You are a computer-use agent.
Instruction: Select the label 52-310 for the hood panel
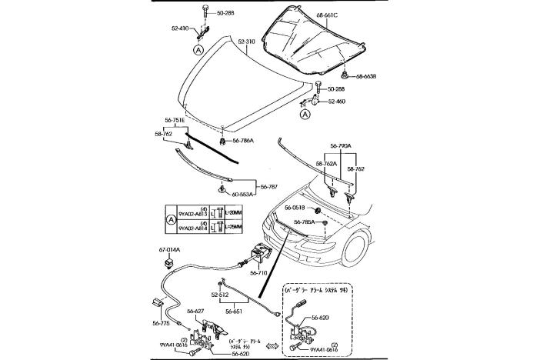(x=246, y=42)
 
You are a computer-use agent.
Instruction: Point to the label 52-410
(x=180, y=28)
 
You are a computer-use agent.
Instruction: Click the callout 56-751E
(x=175, y=120)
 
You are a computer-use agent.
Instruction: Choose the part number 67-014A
(x=169, y=248)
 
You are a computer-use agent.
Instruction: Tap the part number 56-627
(x=193, y=311)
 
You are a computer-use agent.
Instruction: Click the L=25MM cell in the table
(x=232, y=228)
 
